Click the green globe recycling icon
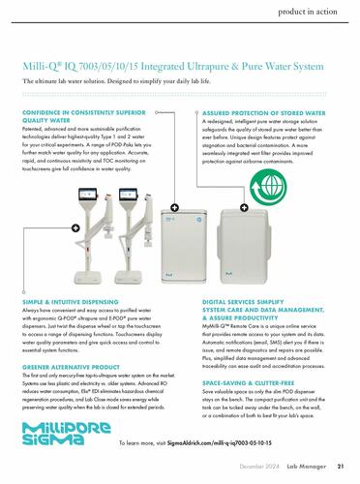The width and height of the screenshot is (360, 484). [268, 187]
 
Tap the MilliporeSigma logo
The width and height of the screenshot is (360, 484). [67, 434]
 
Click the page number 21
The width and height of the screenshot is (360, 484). [341, 467]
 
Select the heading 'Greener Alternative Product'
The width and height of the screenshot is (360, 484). [71, 367]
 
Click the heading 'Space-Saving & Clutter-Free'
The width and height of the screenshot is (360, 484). [249, 383]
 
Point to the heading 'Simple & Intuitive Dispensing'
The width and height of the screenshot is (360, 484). [71, 302]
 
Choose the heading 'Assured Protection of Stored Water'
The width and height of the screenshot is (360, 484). [264, 113]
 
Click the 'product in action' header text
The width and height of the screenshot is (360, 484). [308, 12]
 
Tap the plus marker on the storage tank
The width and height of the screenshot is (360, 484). [244, 207]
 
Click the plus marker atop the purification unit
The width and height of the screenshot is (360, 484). [174, 207]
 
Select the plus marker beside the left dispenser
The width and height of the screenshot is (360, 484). [75, 228]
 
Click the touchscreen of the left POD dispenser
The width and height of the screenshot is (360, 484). [87, 195]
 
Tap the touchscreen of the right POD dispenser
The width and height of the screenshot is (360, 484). [128, 195]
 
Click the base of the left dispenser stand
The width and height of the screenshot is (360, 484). [88, 277]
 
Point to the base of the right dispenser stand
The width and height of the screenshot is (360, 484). [128, 277]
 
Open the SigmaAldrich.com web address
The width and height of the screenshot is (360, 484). [220, 443]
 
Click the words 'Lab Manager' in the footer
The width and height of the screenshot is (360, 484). [307, 467]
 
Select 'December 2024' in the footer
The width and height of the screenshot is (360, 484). [259, 467]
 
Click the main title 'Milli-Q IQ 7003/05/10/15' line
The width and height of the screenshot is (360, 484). [173, 66]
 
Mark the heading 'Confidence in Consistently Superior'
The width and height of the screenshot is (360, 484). [84, 112]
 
